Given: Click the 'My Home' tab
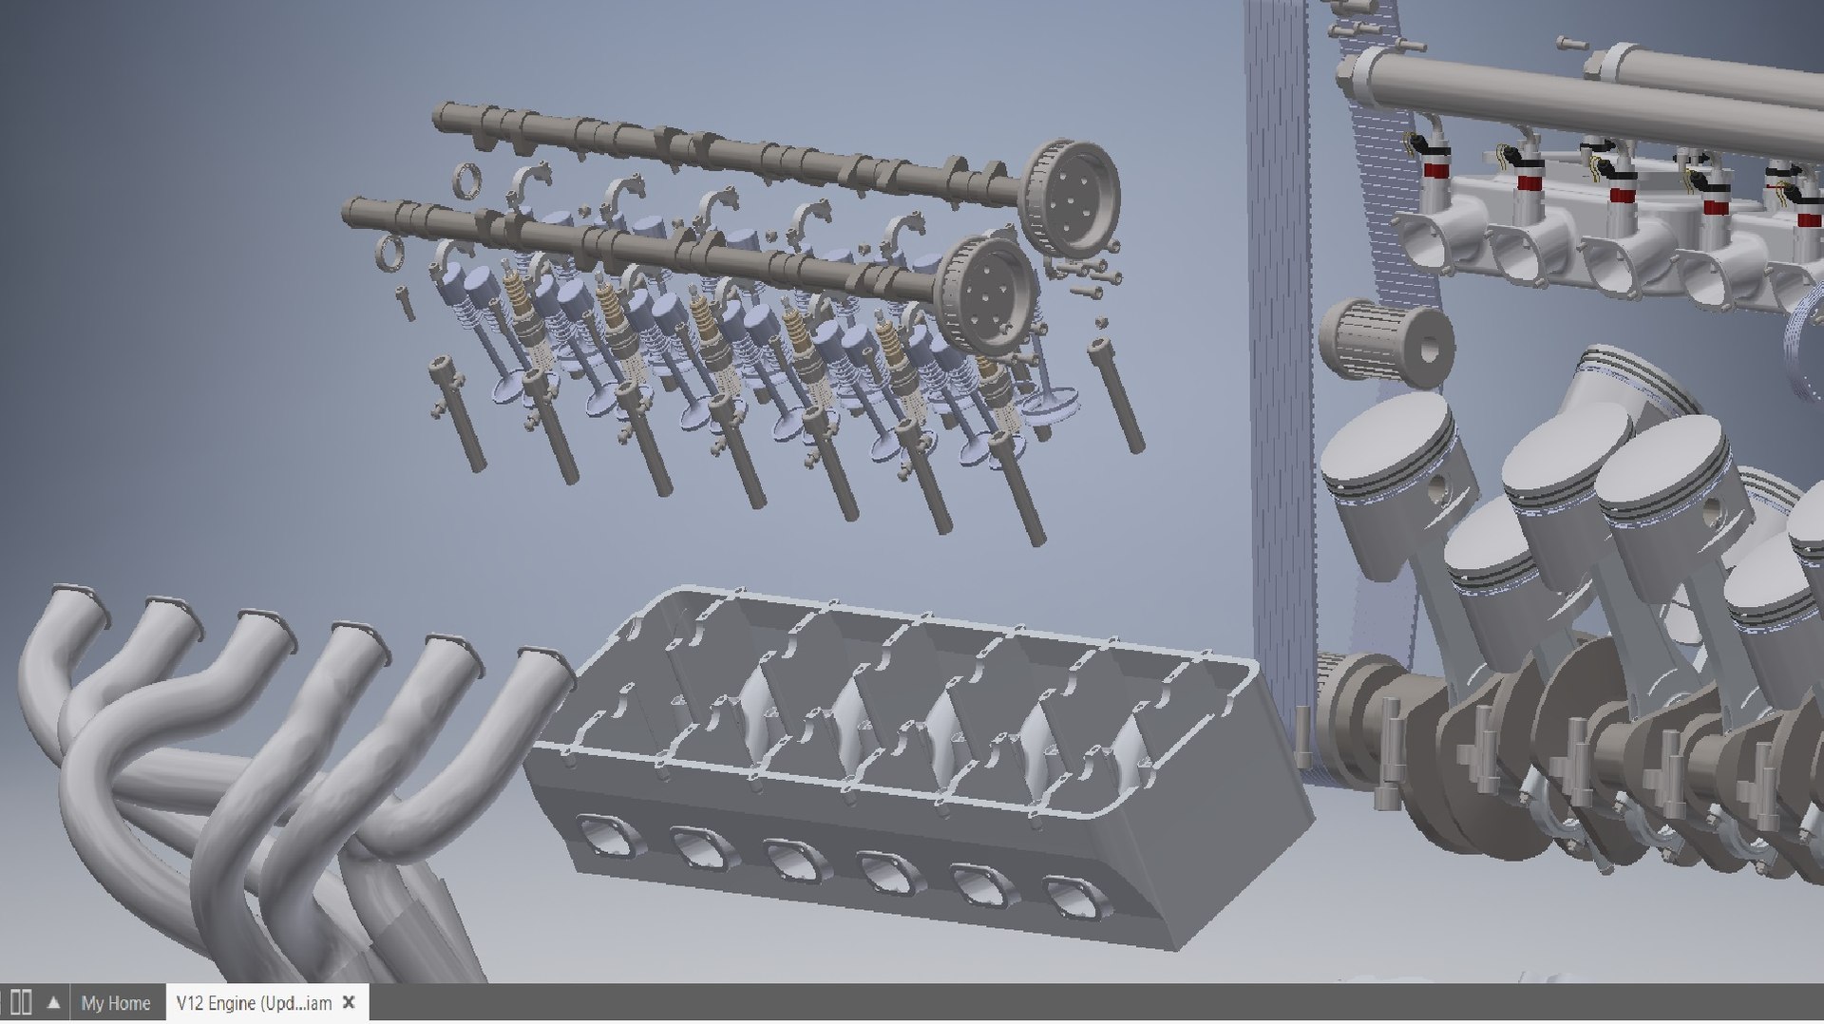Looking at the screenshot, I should tap(115, 1003).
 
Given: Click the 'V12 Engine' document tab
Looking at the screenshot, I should tap(253, 1003).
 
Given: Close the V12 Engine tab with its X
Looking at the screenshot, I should tap(349, 1002).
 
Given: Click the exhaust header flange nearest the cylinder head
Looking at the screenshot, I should tap(546, 659).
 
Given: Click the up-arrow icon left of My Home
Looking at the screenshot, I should tap(54, 1003).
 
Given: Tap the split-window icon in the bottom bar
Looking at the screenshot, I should tap(21, 1003).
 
